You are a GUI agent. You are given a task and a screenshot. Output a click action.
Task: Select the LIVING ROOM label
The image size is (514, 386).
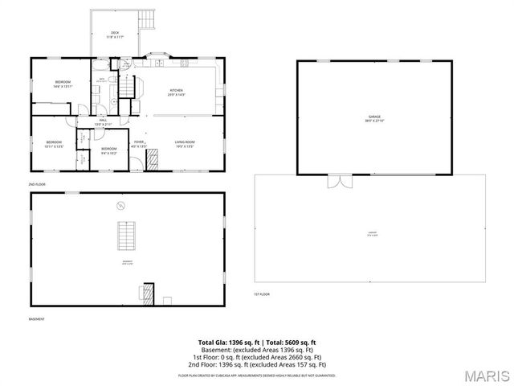186,143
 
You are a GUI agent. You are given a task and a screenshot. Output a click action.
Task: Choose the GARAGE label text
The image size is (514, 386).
363,118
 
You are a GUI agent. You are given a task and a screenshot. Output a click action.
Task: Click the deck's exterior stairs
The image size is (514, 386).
147,18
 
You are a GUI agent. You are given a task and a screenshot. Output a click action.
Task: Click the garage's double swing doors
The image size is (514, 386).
340,181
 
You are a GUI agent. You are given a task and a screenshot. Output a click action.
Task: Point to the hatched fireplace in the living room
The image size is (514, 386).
152,162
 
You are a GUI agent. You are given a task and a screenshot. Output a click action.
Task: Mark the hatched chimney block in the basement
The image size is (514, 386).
148,293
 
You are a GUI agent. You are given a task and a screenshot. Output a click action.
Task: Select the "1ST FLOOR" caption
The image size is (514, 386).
262,294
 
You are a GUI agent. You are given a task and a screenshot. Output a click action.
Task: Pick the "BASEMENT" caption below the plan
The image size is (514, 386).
37,319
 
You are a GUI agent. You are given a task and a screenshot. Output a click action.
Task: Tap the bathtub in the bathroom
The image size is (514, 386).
96,88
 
